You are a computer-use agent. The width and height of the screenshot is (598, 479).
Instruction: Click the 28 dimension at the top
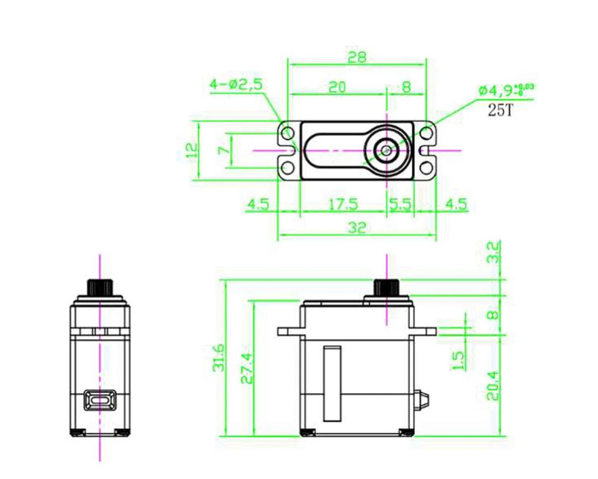tap(357, 57)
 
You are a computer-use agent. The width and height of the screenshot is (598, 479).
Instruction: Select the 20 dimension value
tap(337, 87)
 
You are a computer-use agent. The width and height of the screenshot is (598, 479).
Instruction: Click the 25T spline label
tap(500, 110)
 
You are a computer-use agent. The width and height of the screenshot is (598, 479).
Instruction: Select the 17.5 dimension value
tap(343, 205)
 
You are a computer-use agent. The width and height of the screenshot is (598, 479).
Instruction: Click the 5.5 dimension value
tap(400, 205)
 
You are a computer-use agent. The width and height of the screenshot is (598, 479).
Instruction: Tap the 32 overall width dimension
tap(357, 228)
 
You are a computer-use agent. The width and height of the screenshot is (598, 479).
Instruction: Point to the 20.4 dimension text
tap(493, 385)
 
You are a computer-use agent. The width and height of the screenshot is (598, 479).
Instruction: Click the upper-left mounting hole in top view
tap(288, 134)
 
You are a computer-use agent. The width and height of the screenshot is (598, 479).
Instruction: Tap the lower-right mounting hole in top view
tap(426, 166)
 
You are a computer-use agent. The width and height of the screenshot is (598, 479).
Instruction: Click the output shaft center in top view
tap(386, 150)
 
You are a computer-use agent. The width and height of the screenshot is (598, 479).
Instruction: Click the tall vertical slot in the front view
tap(332, 383)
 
